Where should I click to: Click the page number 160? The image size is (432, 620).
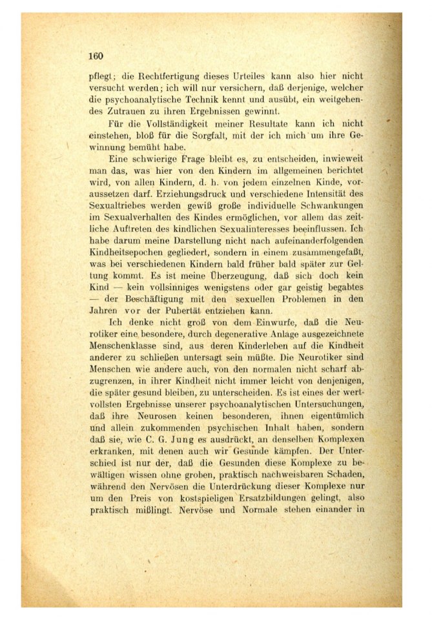(96, 56)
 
